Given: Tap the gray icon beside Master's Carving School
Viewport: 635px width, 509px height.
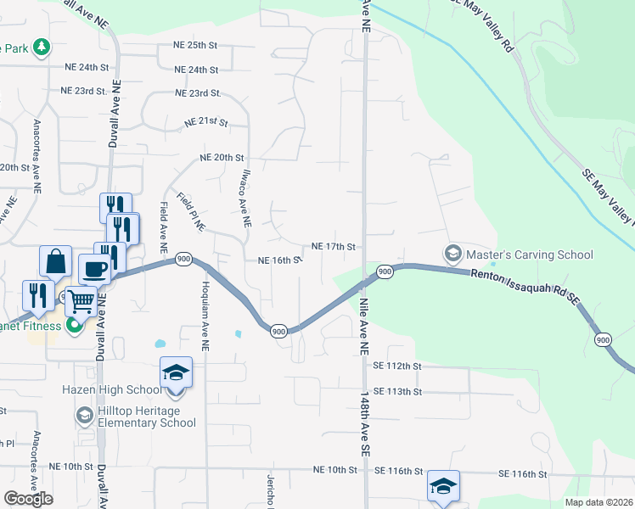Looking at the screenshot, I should [452, 254].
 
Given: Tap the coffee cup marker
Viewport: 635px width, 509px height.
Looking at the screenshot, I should [94, 268].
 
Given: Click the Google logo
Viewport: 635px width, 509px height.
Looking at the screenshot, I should [28, 499].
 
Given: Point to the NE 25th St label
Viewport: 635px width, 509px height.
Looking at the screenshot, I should [196, 44].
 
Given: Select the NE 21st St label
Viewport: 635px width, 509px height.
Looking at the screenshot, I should [206, 123].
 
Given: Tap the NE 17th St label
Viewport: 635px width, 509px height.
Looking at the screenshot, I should [332, 246].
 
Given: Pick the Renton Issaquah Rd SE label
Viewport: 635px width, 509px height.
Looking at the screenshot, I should [525, 275].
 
